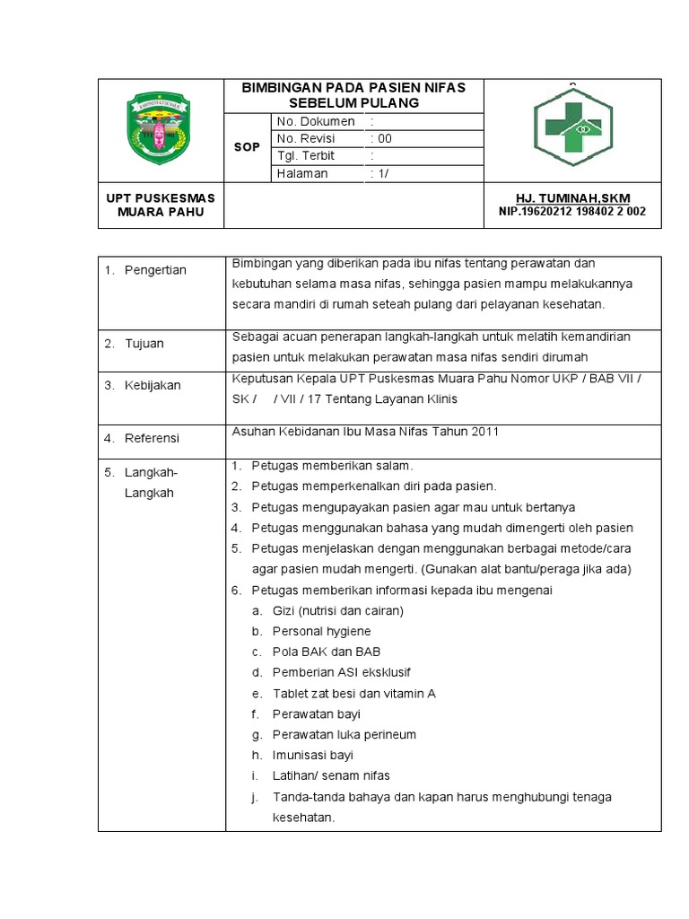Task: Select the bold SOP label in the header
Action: click(x=247, y=147)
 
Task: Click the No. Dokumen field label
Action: click(x=316, y=121)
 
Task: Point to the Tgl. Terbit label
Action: click(x=306, y=155)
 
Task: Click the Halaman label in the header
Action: click(x=302, y=173)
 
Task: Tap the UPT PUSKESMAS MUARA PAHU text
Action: click(x=161, y=205)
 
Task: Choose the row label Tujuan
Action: click(x=144, y=344)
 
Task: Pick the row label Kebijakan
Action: click(x=153, y=385)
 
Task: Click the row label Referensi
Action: click(x=152, y=438)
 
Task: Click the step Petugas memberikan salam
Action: click(x=332, y=466)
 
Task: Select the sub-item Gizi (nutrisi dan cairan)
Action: click(x=338, y=610)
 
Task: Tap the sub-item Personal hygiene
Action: click(x=321, y=631)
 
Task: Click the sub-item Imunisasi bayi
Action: click(x=313, y=755)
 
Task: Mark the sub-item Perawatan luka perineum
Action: click(x=344, y=734)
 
